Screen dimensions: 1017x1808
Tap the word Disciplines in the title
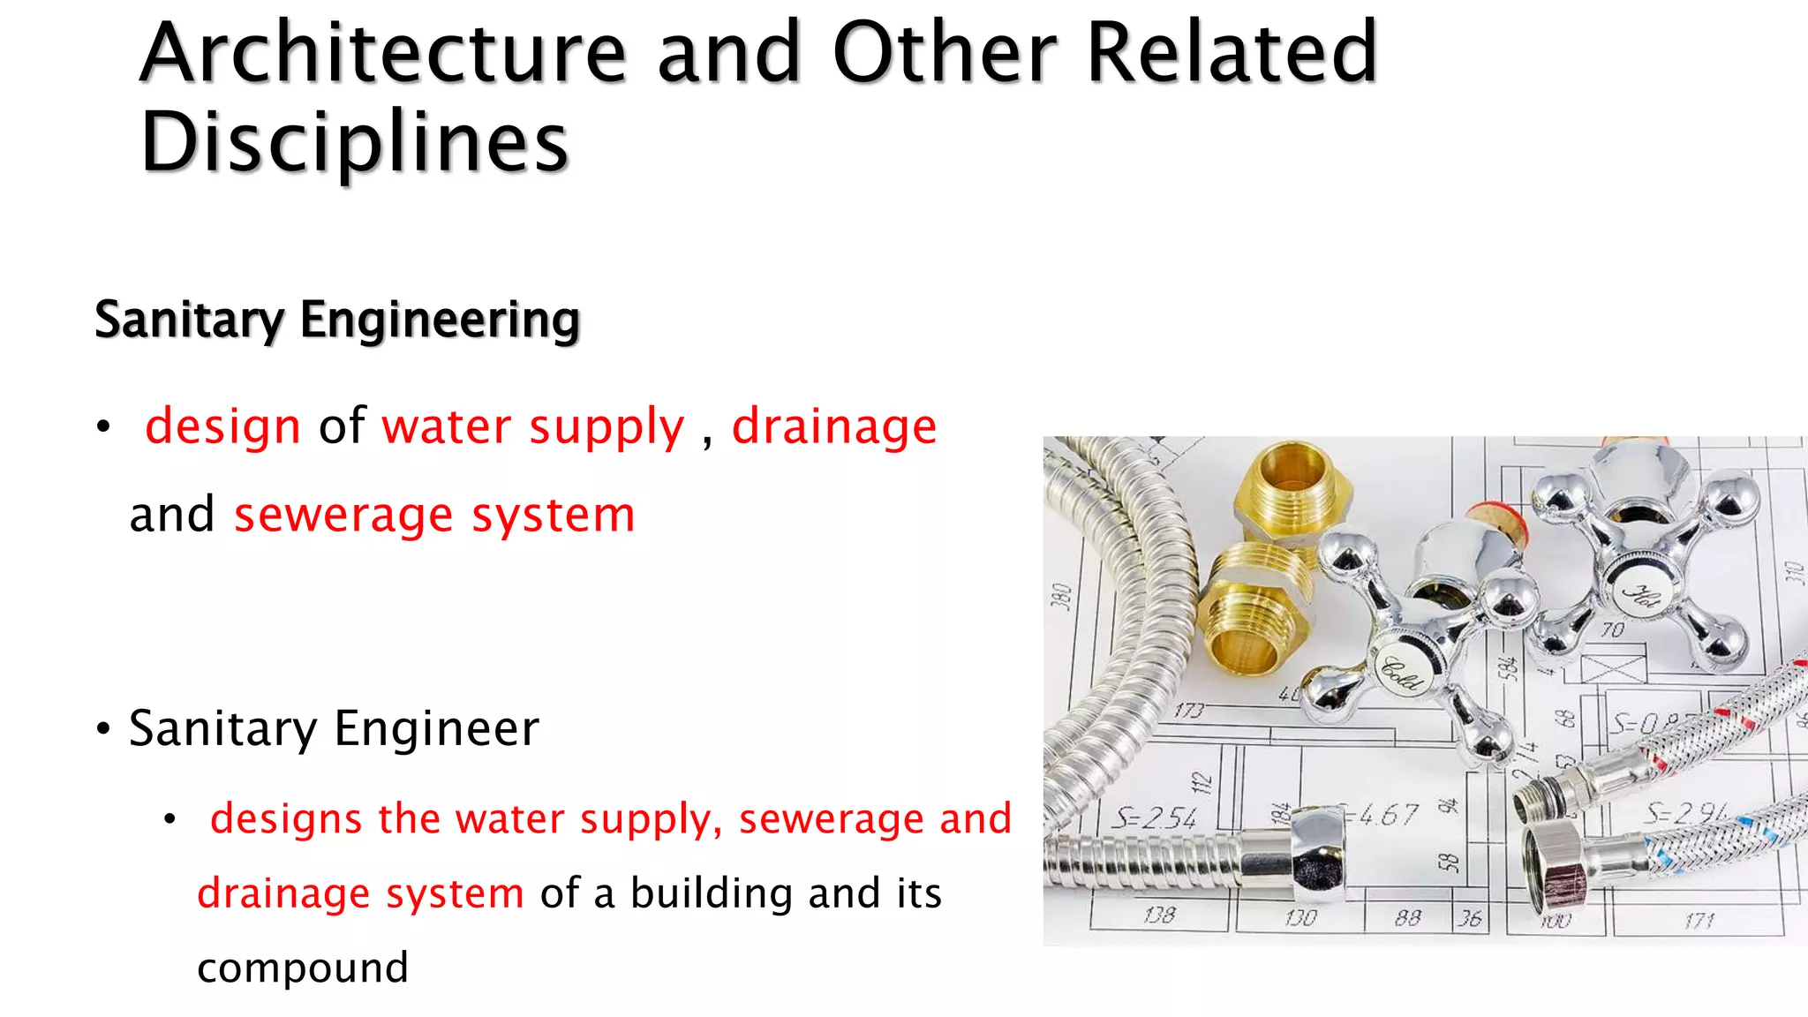point(354,143)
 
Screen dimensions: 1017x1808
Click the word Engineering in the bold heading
point(440,320)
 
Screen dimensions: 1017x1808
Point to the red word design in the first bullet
point(223,426)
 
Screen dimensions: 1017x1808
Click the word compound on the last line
point(303,968)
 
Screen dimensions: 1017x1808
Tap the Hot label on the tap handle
point(1641,597)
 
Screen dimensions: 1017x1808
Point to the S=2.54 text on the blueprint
point(1154,818)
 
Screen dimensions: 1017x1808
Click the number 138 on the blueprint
point(1159,915)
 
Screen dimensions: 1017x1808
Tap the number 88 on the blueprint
point(1408,918)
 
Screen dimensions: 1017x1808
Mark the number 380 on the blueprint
point(1062,596)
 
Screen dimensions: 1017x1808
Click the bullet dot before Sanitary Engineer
point(104,730)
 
